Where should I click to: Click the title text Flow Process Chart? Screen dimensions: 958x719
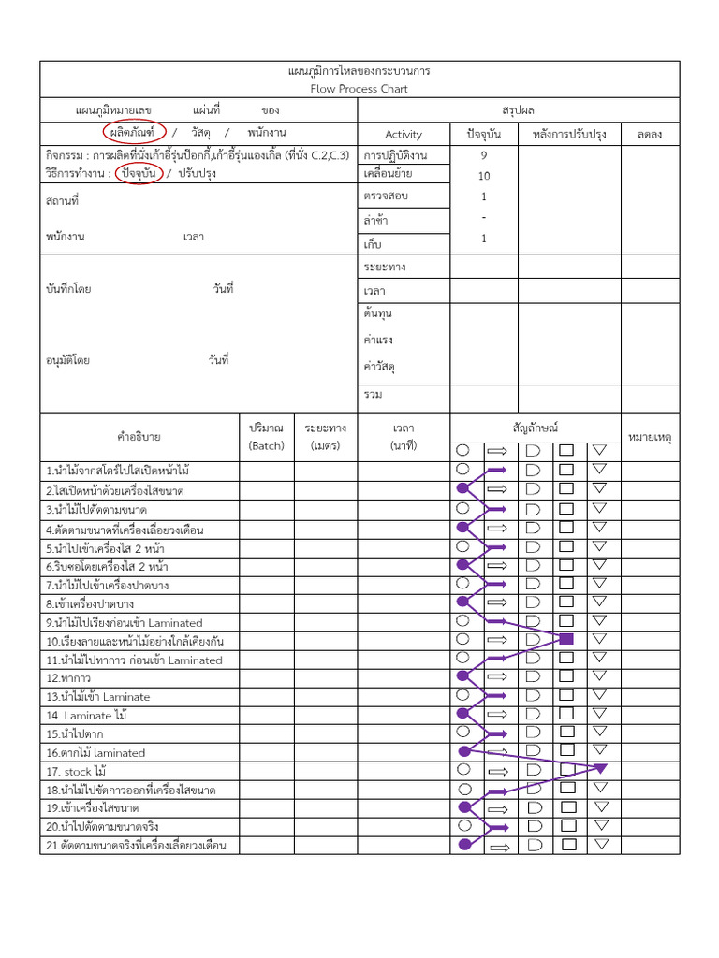[359, 89]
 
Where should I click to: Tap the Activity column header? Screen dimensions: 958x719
[404, 134]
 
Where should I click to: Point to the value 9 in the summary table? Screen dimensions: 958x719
[484, 155]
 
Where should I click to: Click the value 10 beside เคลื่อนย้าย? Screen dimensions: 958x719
[484, 176]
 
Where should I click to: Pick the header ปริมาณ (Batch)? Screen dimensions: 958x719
[266, 436]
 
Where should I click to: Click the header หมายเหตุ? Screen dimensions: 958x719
[650, 437]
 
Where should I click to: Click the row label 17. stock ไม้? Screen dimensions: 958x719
[76, 772]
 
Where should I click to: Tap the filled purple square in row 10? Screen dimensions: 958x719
[565, 639]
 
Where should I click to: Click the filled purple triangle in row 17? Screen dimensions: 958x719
[600, 768]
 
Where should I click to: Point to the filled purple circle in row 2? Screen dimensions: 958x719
[462, 488]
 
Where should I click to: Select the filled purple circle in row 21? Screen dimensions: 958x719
[464, 844]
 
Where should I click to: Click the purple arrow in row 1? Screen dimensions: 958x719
[496, 471]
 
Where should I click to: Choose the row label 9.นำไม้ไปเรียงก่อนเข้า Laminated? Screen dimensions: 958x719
[124, 623]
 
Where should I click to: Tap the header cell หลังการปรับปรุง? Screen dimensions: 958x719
[569, 134]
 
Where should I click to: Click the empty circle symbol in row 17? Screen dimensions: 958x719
[463, 769]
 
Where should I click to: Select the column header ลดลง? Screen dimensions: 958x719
[649, 134]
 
